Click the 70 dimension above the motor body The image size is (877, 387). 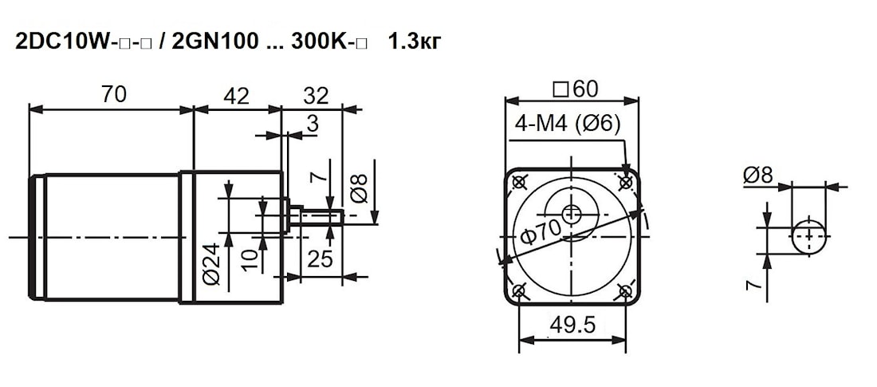(113, 95)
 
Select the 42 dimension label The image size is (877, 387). (235, 97)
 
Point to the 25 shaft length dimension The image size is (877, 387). (321, 259)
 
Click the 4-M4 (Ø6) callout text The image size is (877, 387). (568, 124)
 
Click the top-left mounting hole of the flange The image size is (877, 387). (520, 182)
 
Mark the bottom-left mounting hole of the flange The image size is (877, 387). (520, 291)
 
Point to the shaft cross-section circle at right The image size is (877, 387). (809, 236)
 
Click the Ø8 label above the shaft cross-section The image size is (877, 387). (757, 176)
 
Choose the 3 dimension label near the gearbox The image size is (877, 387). (313, 124)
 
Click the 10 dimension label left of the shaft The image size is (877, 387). (249, 259)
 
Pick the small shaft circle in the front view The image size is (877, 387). (572, 213)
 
